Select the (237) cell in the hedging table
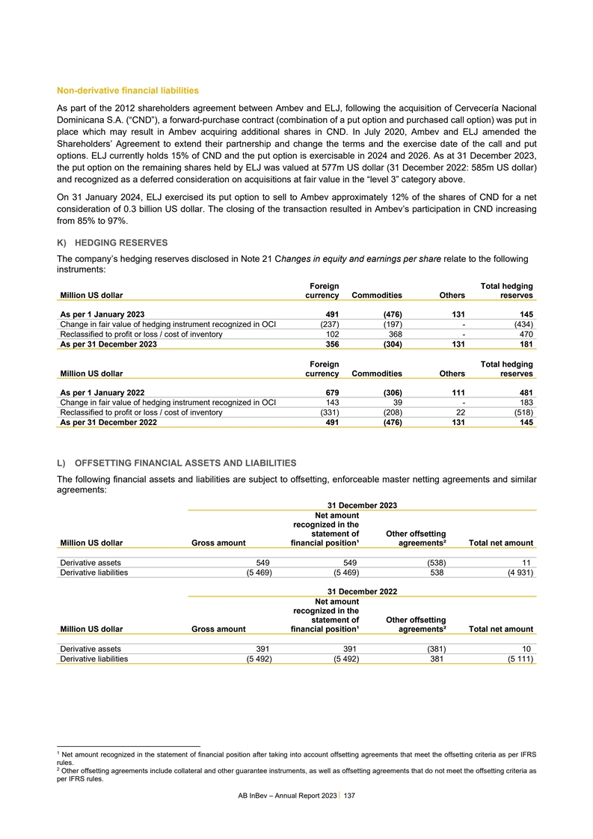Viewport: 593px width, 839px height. pyautogui.click(x=327, y=324)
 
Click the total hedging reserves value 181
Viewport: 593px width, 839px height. pyautogui.click(x=525, y=344)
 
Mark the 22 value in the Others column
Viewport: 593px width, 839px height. pyautogui.click(x=459, y=412)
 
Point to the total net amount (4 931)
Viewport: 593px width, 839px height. pyautogui.click(x=517, y=573)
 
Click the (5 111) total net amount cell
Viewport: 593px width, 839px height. pyautogui.click(x=517, y=659)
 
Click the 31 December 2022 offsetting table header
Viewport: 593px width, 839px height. pyautogui.click(x=362, y=591)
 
